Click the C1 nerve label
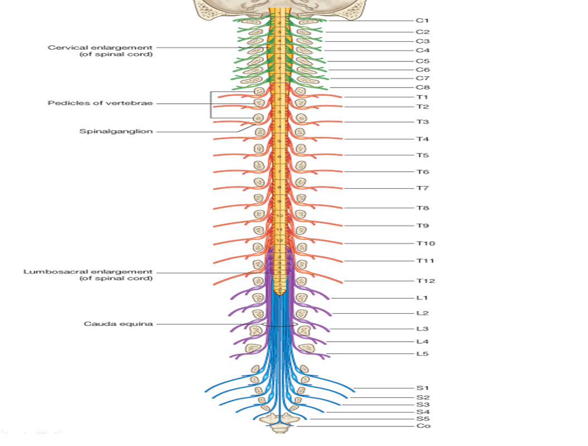(422, 21)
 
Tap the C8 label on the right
(422, 88)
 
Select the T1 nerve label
(422, 97)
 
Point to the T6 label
(422, 172)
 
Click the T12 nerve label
(425, 281)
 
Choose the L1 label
(422, 298)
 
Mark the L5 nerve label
(422, 354)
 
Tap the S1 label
(422, 387)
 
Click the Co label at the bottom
(423, 426)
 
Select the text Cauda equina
(118, 324)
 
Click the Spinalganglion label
(116, 132)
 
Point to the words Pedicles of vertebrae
(100, 103)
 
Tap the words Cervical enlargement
(100, 48)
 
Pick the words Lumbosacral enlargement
(88, 272)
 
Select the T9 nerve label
(422, 226)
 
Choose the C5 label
(422, 61)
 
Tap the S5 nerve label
(422, 419)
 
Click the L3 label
(422, 329)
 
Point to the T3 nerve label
(422, 122)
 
